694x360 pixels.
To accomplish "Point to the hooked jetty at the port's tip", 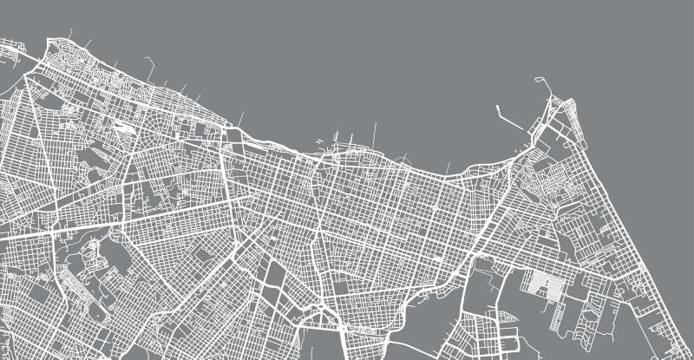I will click(x=542, y=85).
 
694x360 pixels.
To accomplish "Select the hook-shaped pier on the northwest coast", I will click(x=148, y=62).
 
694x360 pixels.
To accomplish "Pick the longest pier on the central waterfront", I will click(x=375, y=134).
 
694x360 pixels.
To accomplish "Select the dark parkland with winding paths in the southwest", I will click(x=95, y=260).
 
